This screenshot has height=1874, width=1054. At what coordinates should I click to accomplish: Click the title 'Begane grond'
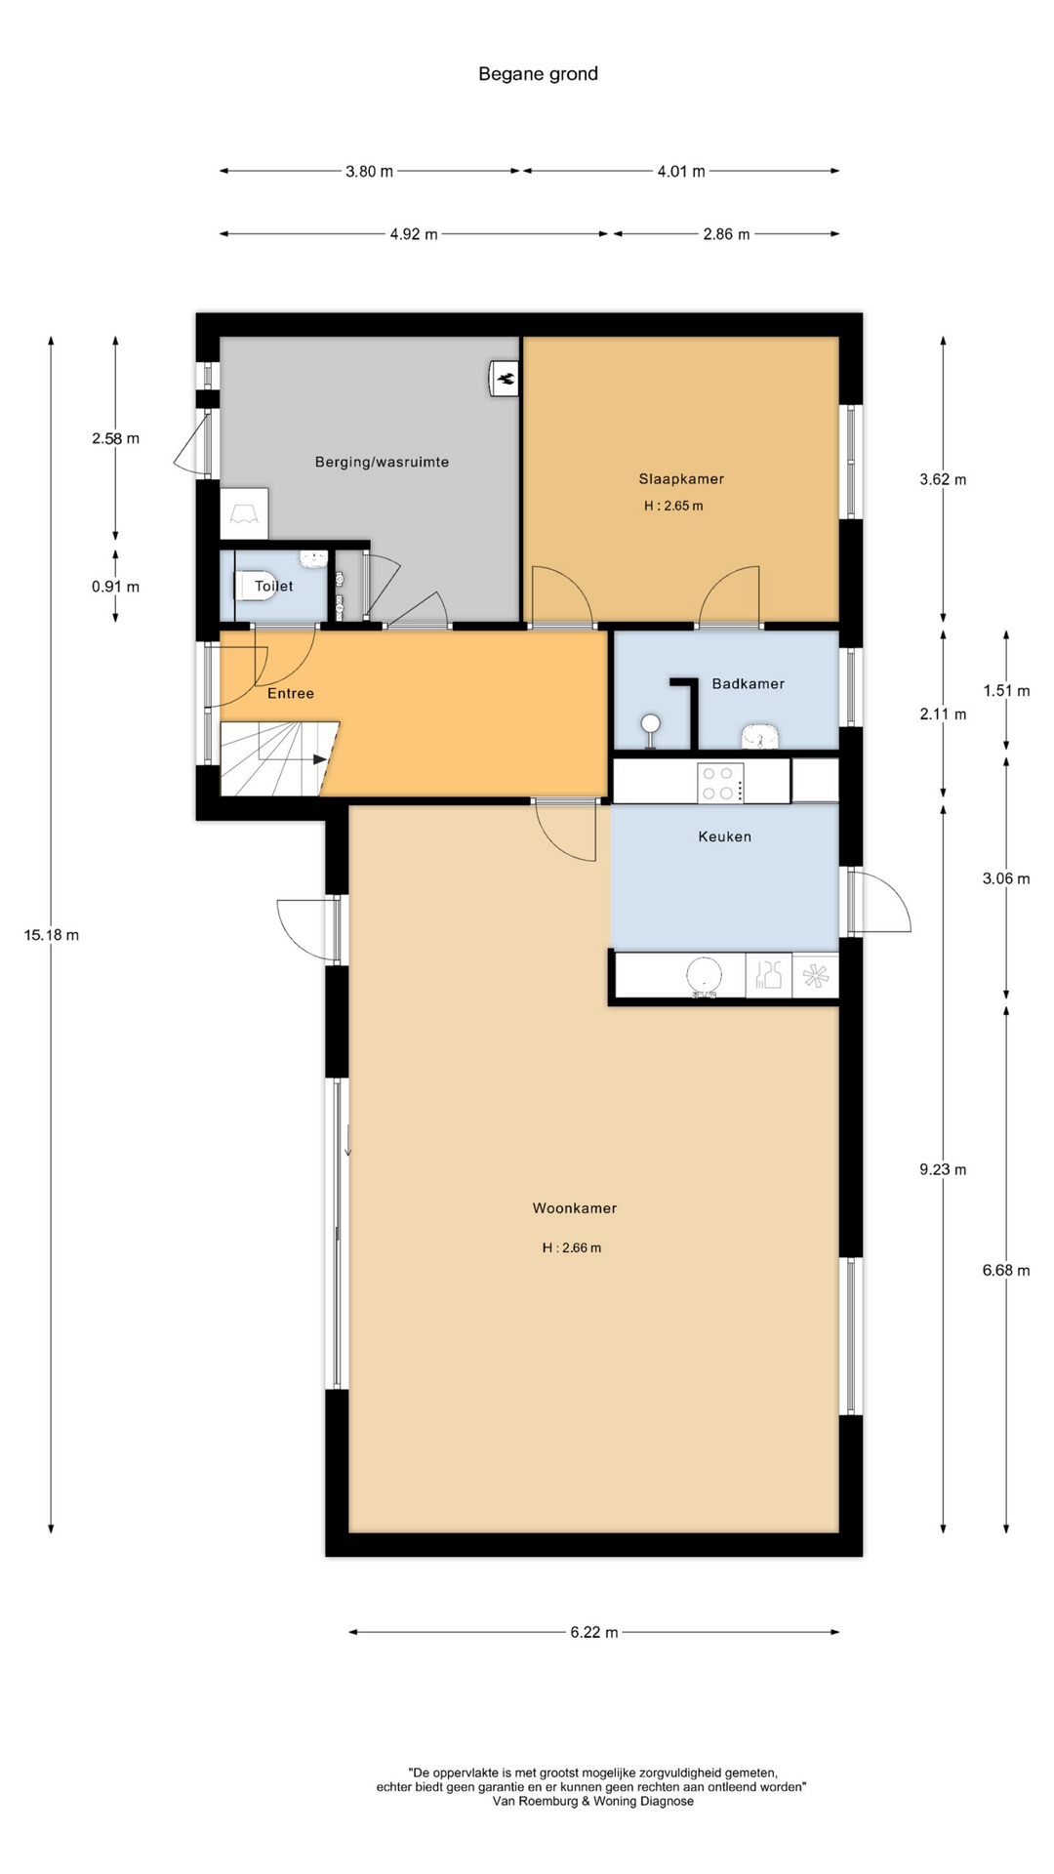pos(538,74)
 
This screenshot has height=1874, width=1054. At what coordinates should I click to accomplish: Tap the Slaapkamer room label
pos(681,479)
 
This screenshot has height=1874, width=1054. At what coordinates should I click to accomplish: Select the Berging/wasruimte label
pos(382,462)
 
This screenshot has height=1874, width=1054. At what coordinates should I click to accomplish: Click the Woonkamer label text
pos(574,1208)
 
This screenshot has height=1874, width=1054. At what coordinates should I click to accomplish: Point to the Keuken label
pos(724,836)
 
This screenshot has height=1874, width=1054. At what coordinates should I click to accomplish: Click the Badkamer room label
pos(748,684)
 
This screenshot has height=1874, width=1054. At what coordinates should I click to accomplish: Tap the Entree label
pos(291,693)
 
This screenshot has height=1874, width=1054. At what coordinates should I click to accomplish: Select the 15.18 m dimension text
pos(52,935)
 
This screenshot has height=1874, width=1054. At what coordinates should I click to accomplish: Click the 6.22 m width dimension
pos(594,1632)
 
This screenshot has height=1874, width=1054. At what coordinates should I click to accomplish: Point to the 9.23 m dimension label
pos(943,1169)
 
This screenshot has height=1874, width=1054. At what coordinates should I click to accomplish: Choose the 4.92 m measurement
pos(414,234)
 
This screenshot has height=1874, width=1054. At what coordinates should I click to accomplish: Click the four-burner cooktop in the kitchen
pos(720,783)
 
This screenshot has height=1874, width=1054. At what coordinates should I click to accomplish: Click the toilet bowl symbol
pos(252,585)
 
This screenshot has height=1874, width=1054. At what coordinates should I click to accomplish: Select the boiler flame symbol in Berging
pos(506,379)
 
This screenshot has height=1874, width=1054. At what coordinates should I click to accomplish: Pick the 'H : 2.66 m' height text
pos(572,1247)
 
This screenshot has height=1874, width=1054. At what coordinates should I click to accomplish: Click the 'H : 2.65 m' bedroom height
pos(673,506)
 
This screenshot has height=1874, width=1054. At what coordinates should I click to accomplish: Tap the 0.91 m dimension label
pos(115,587)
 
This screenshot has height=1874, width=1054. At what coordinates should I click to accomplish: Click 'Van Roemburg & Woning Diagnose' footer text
pos(593,1802)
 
